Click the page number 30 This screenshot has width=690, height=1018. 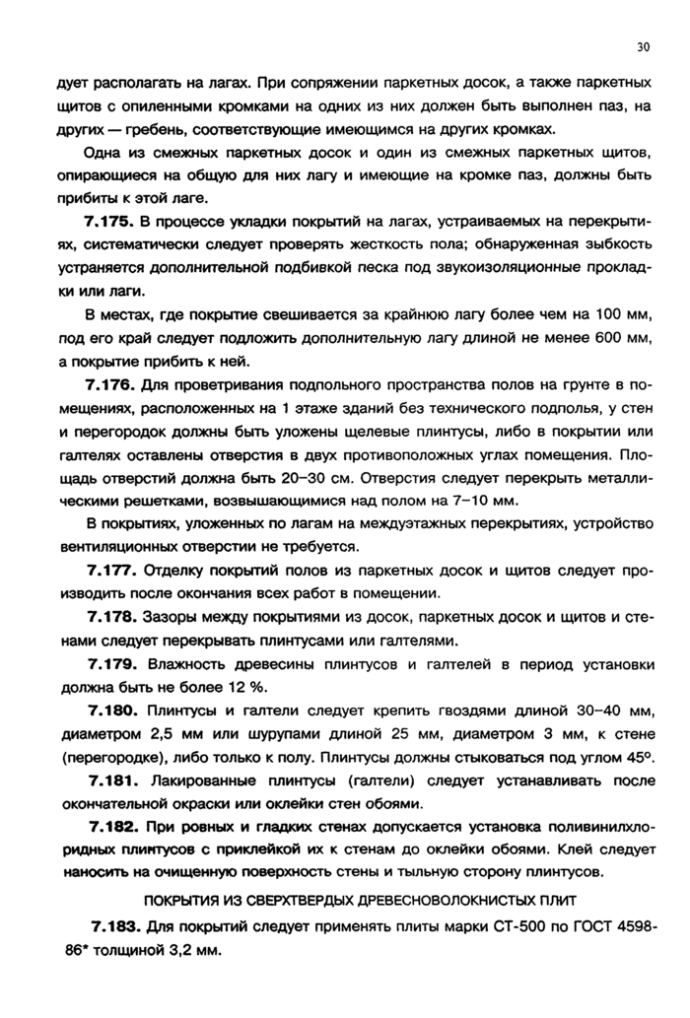click(644, 46)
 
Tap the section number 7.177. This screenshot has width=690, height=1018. click(111, 571)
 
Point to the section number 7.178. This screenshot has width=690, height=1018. click(111, 617)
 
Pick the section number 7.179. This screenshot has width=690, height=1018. click(111, 663)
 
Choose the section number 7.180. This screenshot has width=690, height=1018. click(111, 710)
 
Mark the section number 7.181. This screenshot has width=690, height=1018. click(111, 780)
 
